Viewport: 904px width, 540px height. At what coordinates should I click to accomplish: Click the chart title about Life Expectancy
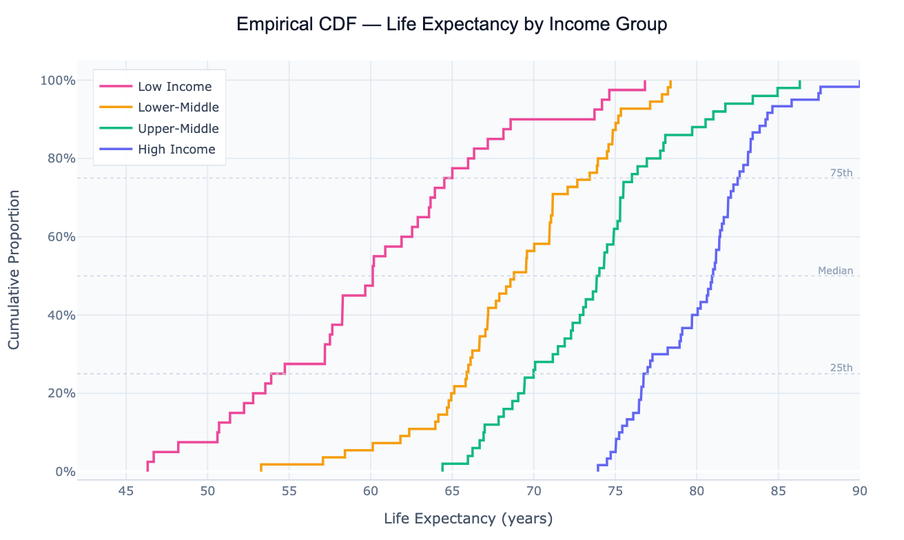(451, 25)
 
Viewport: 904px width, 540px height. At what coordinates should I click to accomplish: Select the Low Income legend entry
(174, 87)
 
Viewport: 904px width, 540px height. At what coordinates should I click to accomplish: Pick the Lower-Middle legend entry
(178, 107)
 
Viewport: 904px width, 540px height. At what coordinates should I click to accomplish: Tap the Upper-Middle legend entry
(178, 128)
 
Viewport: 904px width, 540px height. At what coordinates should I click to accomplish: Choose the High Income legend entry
(176, 149)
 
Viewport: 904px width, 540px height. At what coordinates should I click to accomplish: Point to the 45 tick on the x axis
(125, 491)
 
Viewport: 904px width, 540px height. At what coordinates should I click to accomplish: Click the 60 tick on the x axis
(371, 491)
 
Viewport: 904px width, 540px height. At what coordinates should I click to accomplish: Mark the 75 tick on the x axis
(615, 491)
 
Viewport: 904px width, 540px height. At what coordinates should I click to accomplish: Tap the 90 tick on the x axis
(859, 491)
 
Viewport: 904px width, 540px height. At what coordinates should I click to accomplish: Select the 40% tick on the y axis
(63, 315)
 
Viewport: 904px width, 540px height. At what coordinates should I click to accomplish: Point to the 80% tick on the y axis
(63, 158)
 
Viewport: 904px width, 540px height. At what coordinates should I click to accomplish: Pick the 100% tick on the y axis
(60, 81)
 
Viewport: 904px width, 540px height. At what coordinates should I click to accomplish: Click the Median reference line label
(835, 271)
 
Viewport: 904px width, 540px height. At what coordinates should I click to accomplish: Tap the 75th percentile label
(841, 173)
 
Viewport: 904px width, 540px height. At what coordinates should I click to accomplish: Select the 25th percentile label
(841, 368)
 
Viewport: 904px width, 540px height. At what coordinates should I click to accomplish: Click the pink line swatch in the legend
(116, 87)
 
